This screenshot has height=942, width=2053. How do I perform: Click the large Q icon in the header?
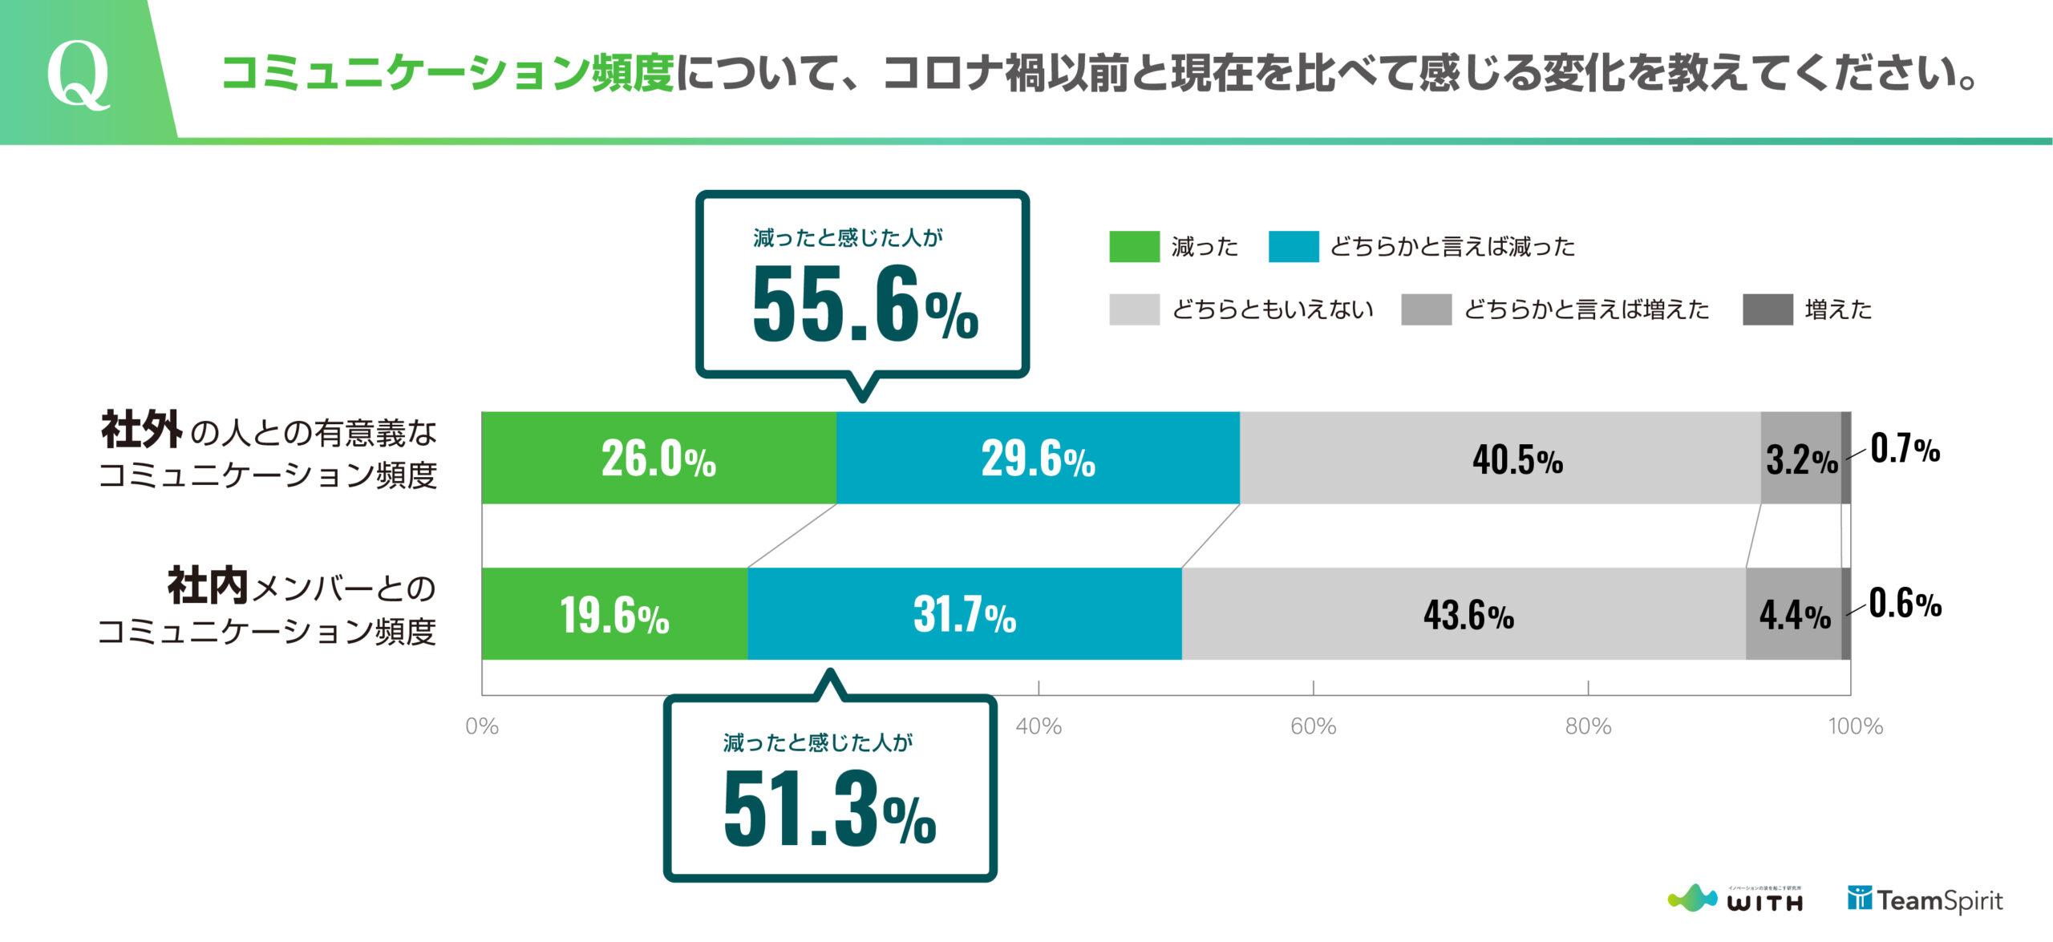tap(78, 74)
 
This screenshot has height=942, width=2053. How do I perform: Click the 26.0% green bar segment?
tap(658, 459)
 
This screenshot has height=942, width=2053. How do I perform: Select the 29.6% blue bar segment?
tap(1038, 459)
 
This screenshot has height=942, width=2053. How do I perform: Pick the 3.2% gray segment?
tap(1800, 459)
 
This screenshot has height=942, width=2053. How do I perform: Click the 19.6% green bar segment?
tap(614, 614)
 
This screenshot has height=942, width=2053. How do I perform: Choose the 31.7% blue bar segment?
tap(964, 614)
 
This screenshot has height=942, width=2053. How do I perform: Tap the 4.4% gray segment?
tap(1794, 614)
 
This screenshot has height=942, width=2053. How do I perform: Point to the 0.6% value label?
tap(1905, 603)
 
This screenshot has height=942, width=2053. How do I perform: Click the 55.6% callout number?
tap(865, 304)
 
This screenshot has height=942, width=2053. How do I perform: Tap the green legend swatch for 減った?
tap(1134, 246)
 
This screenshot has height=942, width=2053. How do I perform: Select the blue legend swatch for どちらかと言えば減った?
tap(1293, 246)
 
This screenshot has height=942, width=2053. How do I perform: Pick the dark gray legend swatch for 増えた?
tap(1768, 309)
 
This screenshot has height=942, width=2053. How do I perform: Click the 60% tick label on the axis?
tap(1313, 726)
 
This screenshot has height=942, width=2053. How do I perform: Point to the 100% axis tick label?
tap(1855, 726)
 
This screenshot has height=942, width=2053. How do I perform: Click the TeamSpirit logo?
tap(1925, 900)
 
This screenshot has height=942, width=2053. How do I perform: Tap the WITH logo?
tap(1735, 899)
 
